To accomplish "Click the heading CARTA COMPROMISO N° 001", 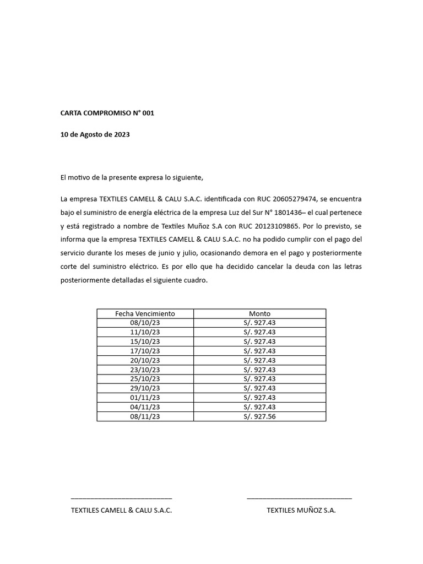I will click(107, 113).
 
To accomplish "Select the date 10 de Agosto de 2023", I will click(95, 134).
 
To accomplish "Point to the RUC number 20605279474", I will click(296, 199).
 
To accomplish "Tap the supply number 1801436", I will click(283, 213).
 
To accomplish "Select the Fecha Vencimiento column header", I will click(145, 313).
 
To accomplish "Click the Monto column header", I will click(259, 313).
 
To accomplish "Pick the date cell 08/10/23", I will click(145, 323).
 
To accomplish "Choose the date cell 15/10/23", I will click(145, 341).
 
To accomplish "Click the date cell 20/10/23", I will click(145, 360).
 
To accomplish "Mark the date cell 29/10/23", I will click(145, 388).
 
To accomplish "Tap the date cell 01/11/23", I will click(145, 398).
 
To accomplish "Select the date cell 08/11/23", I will click(145, 416).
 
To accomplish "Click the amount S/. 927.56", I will click(259, 416).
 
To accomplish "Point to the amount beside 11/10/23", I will click(259, 332).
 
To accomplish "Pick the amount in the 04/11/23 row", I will click(259, 407).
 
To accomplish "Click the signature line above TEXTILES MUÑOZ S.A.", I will click(299, 498).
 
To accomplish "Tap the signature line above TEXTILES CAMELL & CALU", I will click(121, 498).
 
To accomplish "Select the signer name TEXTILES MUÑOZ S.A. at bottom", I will click(301, 511).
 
